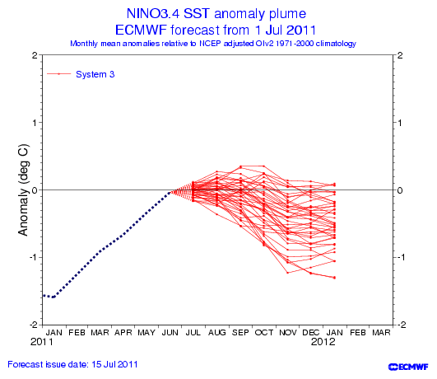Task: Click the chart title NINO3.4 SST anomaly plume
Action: click(x=216, y=13)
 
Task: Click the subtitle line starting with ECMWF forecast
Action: click(x=216, y=30)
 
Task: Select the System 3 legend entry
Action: click(x=81, y=74)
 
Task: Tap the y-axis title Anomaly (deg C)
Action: click(x=23, y=189)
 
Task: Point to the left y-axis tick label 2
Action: click(x=35, y=55)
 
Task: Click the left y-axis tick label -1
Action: click(x=34, y=257)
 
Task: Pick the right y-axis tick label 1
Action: click(x=400, y=123)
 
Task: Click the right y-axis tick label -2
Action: click(x=402, y=325)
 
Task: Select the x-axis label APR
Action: click(x=123, y=333)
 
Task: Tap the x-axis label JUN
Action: click(x=170, y=333)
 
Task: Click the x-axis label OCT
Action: click(x=264, y=333)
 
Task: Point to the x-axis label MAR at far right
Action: click(x=381, y=333)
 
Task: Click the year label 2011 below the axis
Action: click(x=41, y=342)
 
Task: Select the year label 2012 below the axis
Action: click(x=323, y=342)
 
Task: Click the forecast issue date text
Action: click(x=72, y=364)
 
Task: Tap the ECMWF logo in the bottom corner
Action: click(x=408, y=367)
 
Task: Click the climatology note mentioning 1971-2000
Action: click(x=213, y=44)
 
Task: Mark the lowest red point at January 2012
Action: click(x=334, y=278)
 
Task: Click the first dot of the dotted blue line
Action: click(x=44, y=295)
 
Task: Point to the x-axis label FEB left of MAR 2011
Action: click(x=77, y=333)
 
